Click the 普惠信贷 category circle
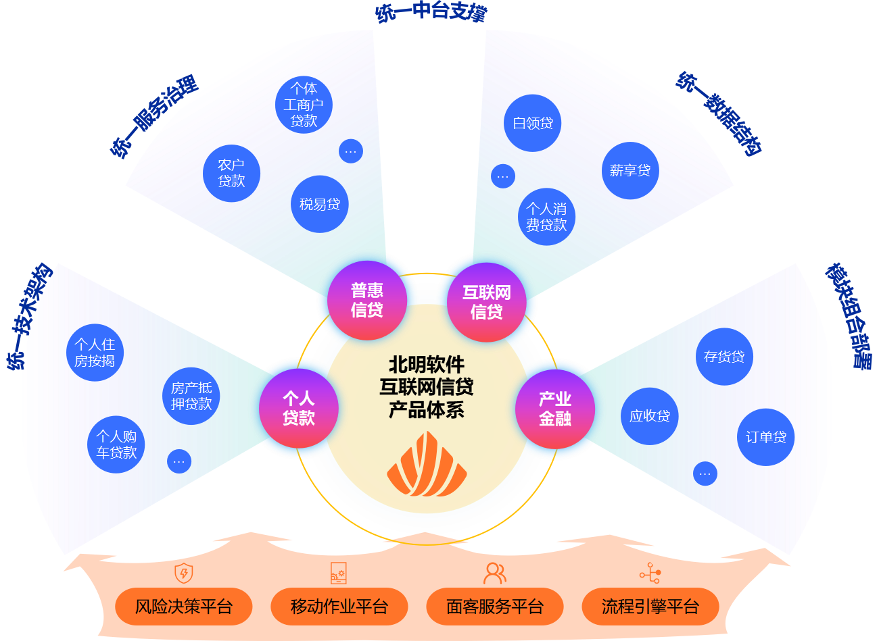pyautogui.click(x=367, y=301)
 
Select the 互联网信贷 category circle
pyautogui.click(x=487, y=302)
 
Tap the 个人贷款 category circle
pyautogui.click(x=299, y=408)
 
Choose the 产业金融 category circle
pyautogui.click(x=555, y=409)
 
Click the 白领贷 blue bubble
pyautogui.click(x=533, y=123)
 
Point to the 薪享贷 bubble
pyautogui.click(x=630, y=171)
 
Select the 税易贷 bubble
pyautogui.click(x=320, y=204)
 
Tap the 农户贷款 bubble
pyautogui.click(x=231, y=173)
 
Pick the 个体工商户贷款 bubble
pyautogui.click(x=304, y=105)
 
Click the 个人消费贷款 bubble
pyautogui.click(x=546, y=217)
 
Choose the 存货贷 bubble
pyautogui.click(x=724, y=357)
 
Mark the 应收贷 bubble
pyautogui.click(x=650, y=416)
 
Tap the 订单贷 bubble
pyautogui.click(x=766, y=437)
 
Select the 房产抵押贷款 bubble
pyautogui.click(x=191, y=396)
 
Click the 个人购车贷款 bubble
pyautogui.click(x=116, y=444)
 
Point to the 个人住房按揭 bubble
pyautogui.click(x=95, y=353)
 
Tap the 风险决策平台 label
pyautogui.click(x=184, y=607)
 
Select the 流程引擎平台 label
pyautogui.click(x=650, y=607)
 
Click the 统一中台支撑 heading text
pyautogui.click(x=431, y=11)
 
